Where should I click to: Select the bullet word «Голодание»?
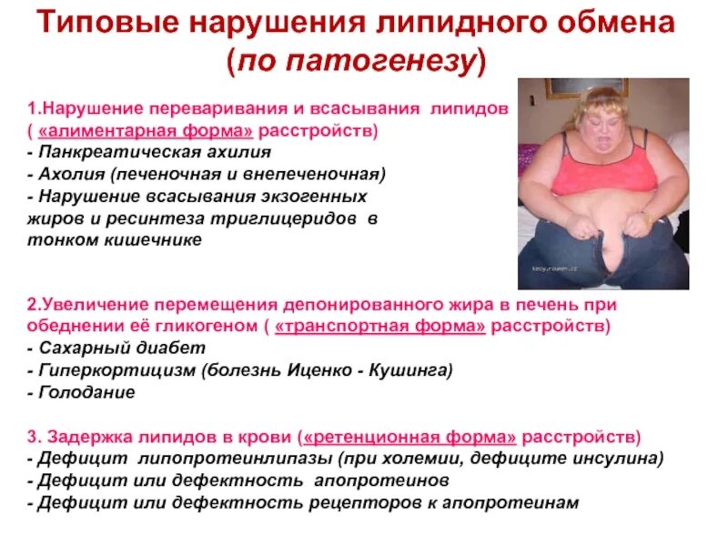[86, 392]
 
